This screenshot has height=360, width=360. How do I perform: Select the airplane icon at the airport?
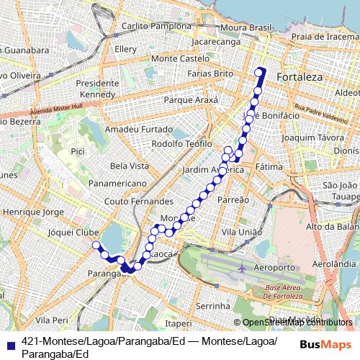242,268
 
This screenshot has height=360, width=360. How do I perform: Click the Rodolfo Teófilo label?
181,143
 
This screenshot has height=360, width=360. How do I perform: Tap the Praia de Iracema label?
324,37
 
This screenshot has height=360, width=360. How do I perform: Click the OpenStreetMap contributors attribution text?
297,323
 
